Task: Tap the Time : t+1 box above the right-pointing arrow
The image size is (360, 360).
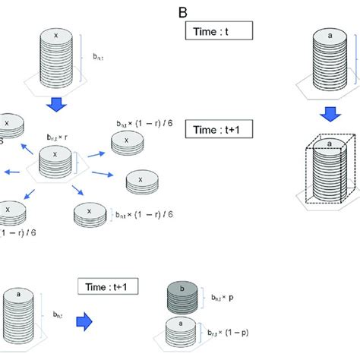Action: tap(106, 286)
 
